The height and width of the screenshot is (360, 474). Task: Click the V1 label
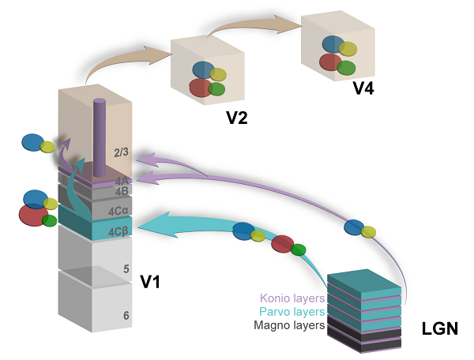[x=151, y=280]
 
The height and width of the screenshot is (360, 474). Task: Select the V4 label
[x=363, y=87]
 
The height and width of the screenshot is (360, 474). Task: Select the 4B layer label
[x=122, y=190]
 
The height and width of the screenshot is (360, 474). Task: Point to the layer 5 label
[x=125, y=269]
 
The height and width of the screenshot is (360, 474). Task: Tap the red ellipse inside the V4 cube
[x=330, y=62]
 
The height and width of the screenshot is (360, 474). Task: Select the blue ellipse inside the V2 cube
[x=204, y=70]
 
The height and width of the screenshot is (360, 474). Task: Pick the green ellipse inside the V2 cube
[x=216, y=89]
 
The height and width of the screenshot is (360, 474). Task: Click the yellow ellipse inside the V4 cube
[x=348, y=49]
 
